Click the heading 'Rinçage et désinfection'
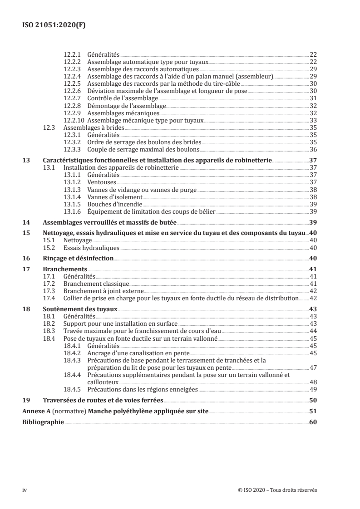click(78, 258)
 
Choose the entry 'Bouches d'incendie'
click(111, 204)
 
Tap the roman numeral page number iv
click(25, 489)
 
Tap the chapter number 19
click(26, 400)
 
